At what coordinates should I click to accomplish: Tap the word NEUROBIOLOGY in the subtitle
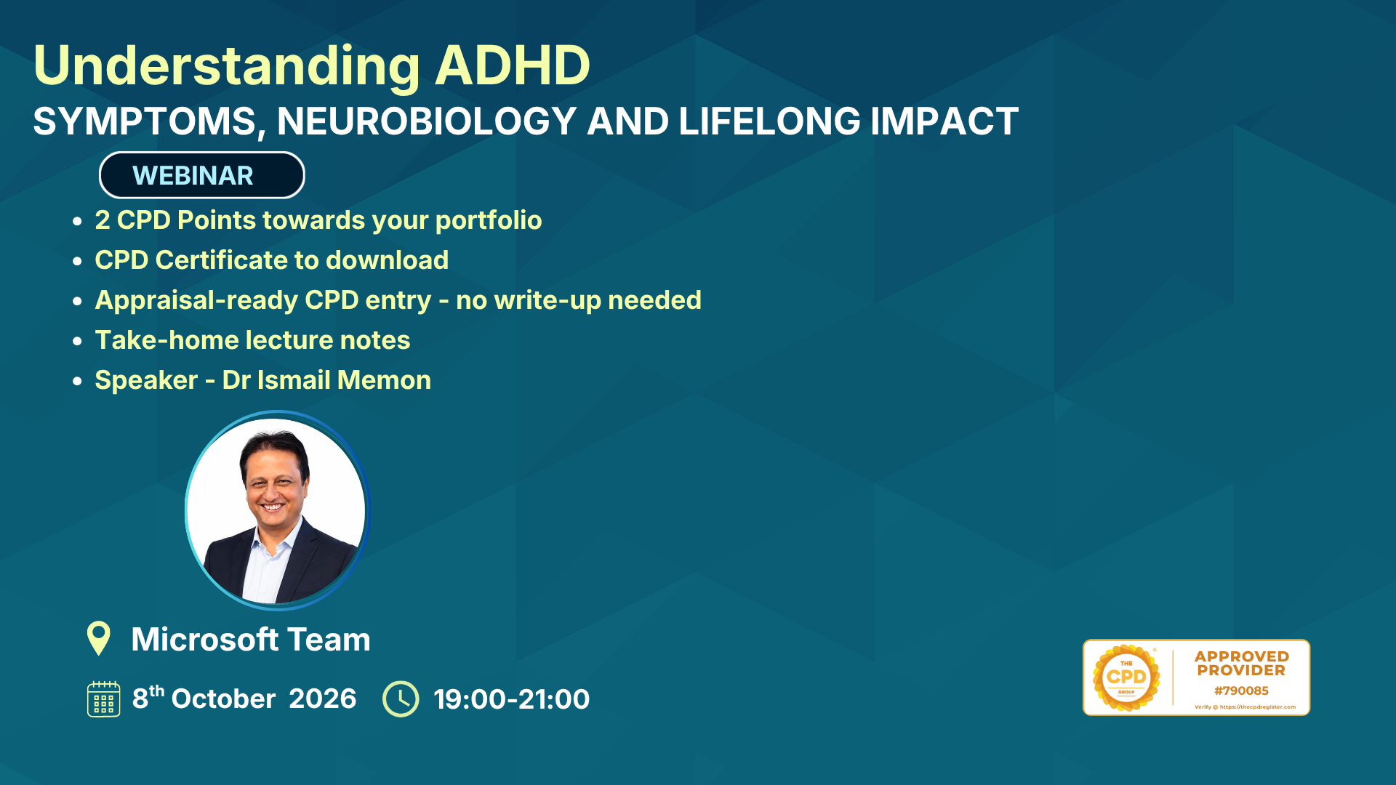[427, 121]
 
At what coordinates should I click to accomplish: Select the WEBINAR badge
[201, 175]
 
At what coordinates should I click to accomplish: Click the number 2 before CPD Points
[103, 220]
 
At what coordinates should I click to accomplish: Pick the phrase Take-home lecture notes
[252, 340]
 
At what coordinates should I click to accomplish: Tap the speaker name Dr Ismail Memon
[326, 380]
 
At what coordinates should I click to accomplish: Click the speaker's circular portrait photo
[277, 510]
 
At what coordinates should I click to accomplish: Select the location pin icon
[98, 638]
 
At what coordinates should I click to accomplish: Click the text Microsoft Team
[251, 640]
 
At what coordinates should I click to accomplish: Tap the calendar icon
[104, 699]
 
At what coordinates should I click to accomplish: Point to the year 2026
[322, 699]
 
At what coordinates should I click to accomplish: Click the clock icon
[401, 699]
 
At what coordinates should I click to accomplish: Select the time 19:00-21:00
[511, 699]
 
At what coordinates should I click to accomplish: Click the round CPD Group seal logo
[1126, 677]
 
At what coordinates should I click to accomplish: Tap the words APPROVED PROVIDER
[1241, 664]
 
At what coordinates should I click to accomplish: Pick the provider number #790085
[1241, 691]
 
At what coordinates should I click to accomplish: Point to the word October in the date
[223, 699]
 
